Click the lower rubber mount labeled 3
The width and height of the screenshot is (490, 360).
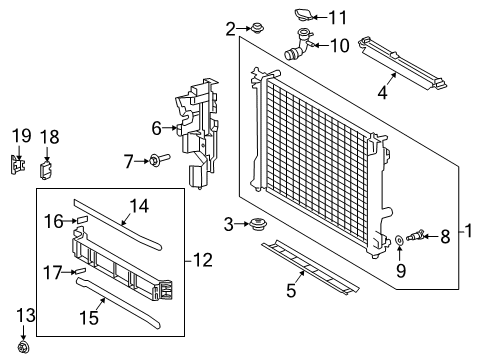tap(260, 224)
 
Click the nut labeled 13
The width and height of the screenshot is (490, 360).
tap(26, 347)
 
